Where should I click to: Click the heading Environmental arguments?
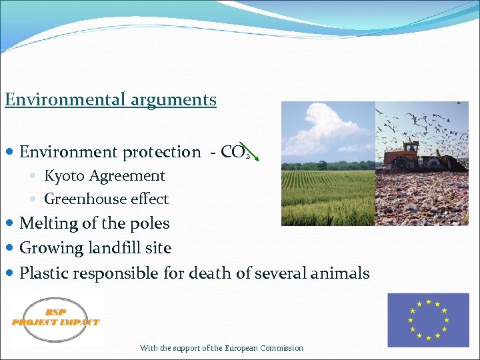coord(111,100)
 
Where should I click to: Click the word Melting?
coord(47,223)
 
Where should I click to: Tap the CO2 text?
coord(235,152)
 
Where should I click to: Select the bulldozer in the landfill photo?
coord(408,155)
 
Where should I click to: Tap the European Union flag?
coord(428,320)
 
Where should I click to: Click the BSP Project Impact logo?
coord(55,317)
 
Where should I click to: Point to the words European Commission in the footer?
coord(264,348)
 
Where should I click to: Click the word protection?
coord(161,152)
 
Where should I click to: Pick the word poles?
coord(151,223)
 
